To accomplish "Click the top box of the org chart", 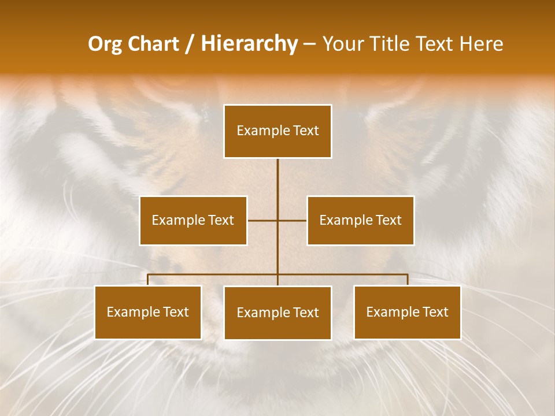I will (x=277, y=131).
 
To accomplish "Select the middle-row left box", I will (x=193, y=220).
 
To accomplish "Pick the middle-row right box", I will (x=360, y=220).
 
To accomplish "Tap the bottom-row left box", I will (x=148, y=312).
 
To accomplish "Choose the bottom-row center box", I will (x=277, y=313).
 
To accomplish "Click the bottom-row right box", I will (x=407, y=312).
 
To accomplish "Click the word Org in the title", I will (x=105, y=44).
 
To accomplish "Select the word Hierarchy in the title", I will (x=249, y=44).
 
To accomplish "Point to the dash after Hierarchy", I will (x=310, y=44).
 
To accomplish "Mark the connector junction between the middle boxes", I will (x=277, y=220).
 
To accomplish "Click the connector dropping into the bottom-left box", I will (x=148, y=280).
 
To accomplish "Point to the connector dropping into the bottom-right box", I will (x=407, y=280).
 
